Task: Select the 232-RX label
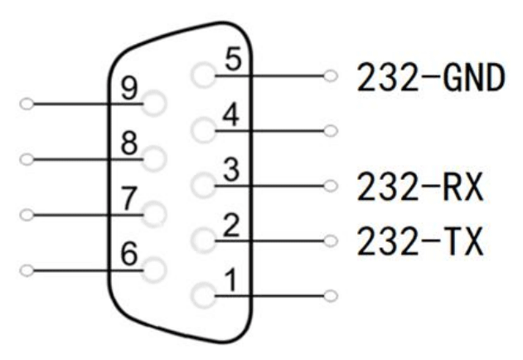[419, 187]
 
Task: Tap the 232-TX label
[419, 241]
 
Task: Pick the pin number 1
[235, 281]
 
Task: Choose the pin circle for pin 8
[154, 158]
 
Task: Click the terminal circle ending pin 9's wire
[28, 105]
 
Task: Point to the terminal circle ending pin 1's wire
[332, 294]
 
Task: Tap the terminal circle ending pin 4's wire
[332, 130]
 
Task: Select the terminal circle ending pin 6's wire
[28, 270]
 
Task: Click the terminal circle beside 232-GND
[332, 76]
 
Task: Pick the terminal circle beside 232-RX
[332, 185]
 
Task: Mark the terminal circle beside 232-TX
[332, 241]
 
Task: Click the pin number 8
[129, 144]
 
